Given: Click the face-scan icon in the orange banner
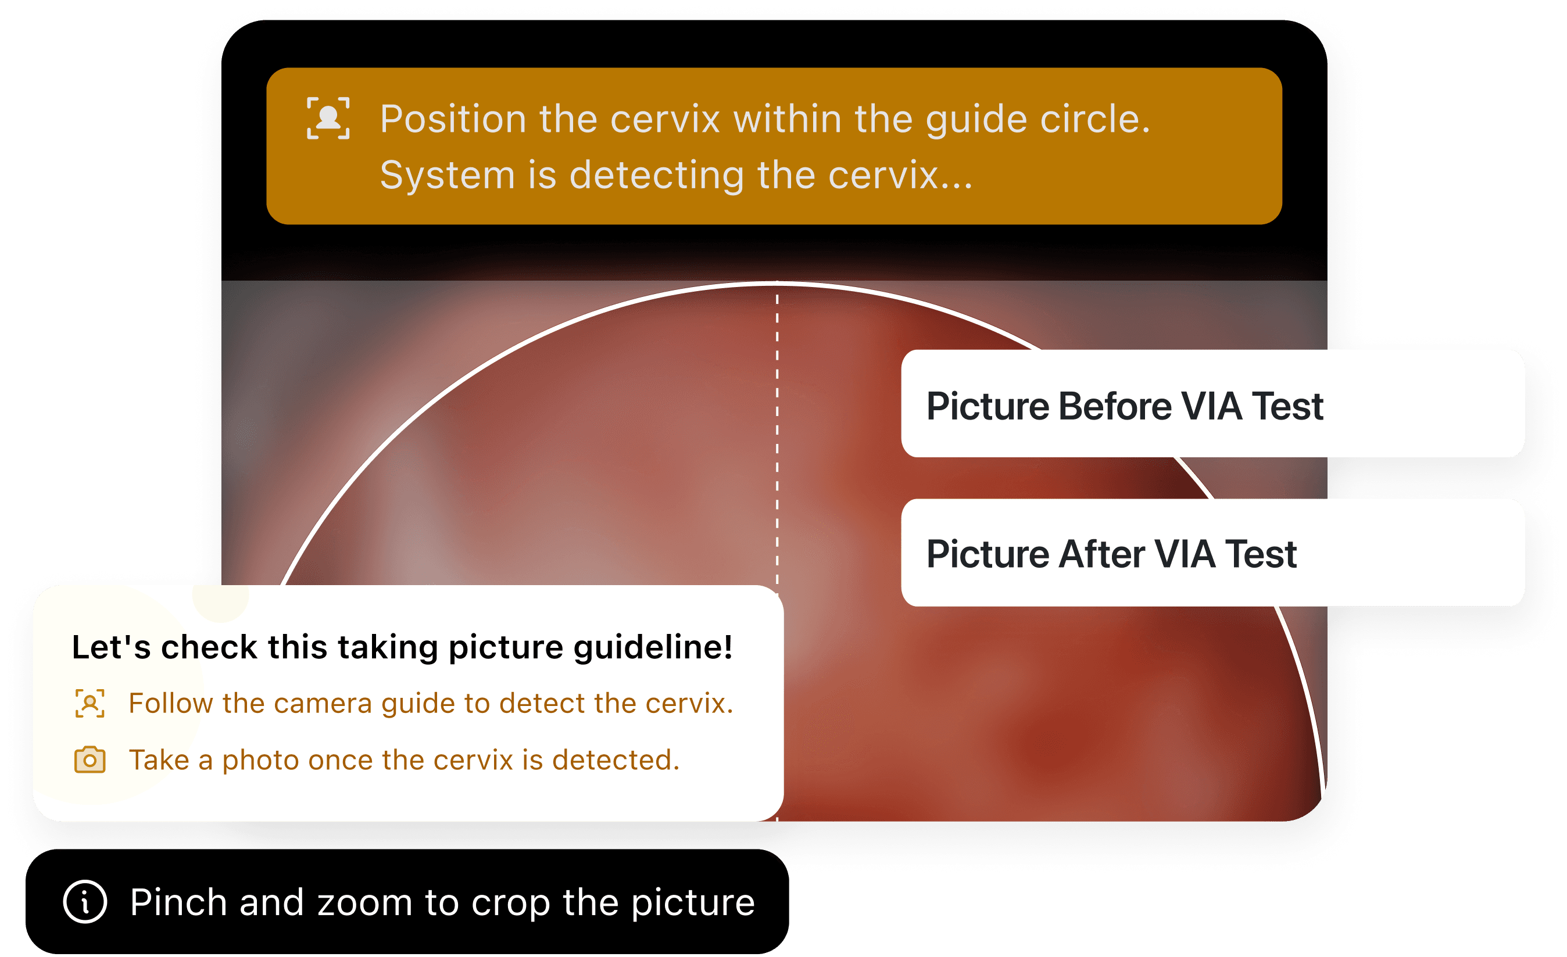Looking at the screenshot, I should point(328,119).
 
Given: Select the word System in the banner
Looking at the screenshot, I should point(446,175).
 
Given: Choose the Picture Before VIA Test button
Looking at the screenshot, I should point(1212,404).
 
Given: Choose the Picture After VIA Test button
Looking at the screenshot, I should point(1212,553).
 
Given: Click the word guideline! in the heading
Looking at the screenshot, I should point(653,648).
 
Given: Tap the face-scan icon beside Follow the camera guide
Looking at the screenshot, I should point(90,703).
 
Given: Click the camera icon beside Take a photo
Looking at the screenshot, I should point(90,760).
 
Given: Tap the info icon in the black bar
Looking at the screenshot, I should point(85,902).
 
